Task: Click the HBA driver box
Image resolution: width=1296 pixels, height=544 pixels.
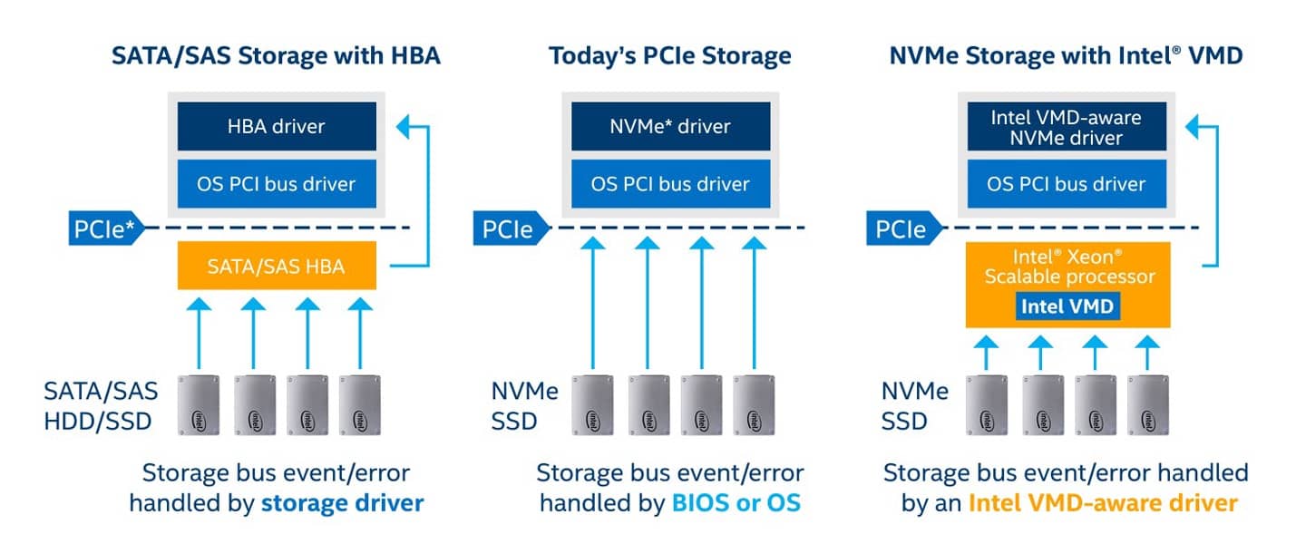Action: (276, 126)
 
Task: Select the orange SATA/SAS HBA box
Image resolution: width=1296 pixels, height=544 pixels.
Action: (276, 267)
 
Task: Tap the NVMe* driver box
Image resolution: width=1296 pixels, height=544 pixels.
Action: (670, 126)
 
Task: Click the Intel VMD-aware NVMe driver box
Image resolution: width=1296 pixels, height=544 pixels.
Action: (1067, 127)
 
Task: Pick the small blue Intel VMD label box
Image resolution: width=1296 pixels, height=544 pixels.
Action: (1067, 306)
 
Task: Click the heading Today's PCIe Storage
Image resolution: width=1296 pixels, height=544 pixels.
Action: (669, 56)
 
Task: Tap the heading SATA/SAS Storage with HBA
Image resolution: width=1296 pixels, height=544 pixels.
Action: (276, 56)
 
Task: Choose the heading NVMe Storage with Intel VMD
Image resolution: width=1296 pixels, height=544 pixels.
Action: (1067, 56)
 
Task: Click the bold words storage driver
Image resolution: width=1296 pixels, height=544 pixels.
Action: (342, 503)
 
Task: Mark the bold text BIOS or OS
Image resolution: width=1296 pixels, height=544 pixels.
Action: (736, 503)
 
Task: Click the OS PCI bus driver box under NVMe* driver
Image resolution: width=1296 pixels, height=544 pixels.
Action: (670, 184)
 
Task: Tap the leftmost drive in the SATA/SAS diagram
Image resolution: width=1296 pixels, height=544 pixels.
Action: (200, 404)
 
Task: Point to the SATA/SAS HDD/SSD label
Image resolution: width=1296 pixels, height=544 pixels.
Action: (101, 405)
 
